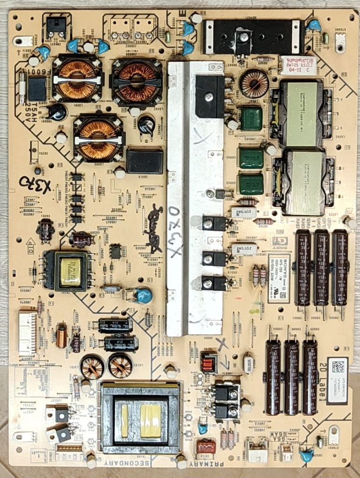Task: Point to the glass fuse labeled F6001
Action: pyautogui.click(x=22, y=87)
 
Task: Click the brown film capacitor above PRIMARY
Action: pyautogui.click(x=206, y=446)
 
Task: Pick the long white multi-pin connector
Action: pyautogui.click(x=27, y=332)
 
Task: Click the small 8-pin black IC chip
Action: pyautogui.click(x=115, y=251)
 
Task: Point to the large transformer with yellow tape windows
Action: pyautogui.click(x=141, y=412)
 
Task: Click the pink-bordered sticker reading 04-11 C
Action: pyautogui.click(x=298, y=65)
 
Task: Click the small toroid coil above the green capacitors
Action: pyautogui.click(x=254, y=84)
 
